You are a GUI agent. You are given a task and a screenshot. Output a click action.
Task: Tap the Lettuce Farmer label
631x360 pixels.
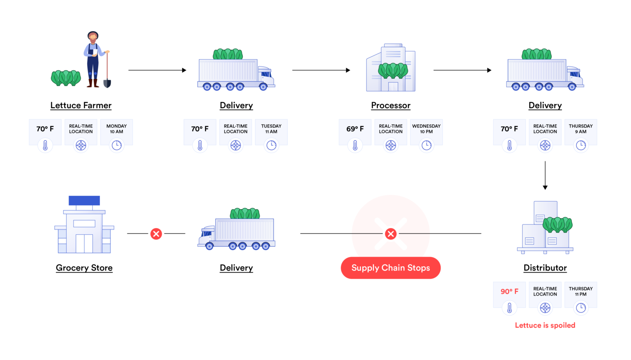click(81, 105)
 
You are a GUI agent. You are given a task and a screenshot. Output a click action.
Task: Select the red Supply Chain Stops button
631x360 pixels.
click(391, 268)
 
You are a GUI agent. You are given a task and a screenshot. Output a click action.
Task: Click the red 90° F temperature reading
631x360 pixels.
click(509, 291)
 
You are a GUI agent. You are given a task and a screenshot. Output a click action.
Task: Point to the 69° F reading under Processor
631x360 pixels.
click(355, 129)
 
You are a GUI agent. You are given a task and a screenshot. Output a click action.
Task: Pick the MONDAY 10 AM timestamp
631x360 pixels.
click(117, 129)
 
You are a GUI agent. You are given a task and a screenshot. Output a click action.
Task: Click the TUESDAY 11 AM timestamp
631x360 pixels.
click(271, 129)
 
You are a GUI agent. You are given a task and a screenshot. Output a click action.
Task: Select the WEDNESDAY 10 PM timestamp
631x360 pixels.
click(426, 129)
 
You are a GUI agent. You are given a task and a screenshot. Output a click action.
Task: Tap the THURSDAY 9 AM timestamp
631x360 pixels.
click(580, 129)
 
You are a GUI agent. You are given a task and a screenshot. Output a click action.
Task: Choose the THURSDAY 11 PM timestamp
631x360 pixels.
click(580, 291)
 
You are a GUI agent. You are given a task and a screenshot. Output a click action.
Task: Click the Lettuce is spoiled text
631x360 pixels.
click(545, 325)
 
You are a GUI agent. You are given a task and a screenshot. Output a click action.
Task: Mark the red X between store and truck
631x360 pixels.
click(156, 234)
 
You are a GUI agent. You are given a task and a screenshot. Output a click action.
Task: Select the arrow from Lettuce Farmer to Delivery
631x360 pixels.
click(157, 70)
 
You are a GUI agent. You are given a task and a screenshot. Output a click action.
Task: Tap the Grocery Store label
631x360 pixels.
click(84, 268)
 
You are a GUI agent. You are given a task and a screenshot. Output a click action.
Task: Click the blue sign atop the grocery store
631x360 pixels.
click(84, 200)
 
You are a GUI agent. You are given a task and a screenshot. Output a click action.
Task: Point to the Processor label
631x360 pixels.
click(391, 105)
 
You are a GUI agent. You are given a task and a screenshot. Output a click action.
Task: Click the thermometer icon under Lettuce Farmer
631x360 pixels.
click(45, 145)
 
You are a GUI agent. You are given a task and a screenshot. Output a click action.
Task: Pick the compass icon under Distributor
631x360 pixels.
click(545, 308)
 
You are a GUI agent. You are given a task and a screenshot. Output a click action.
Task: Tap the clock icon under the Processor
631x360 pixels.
click(426, 145)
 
